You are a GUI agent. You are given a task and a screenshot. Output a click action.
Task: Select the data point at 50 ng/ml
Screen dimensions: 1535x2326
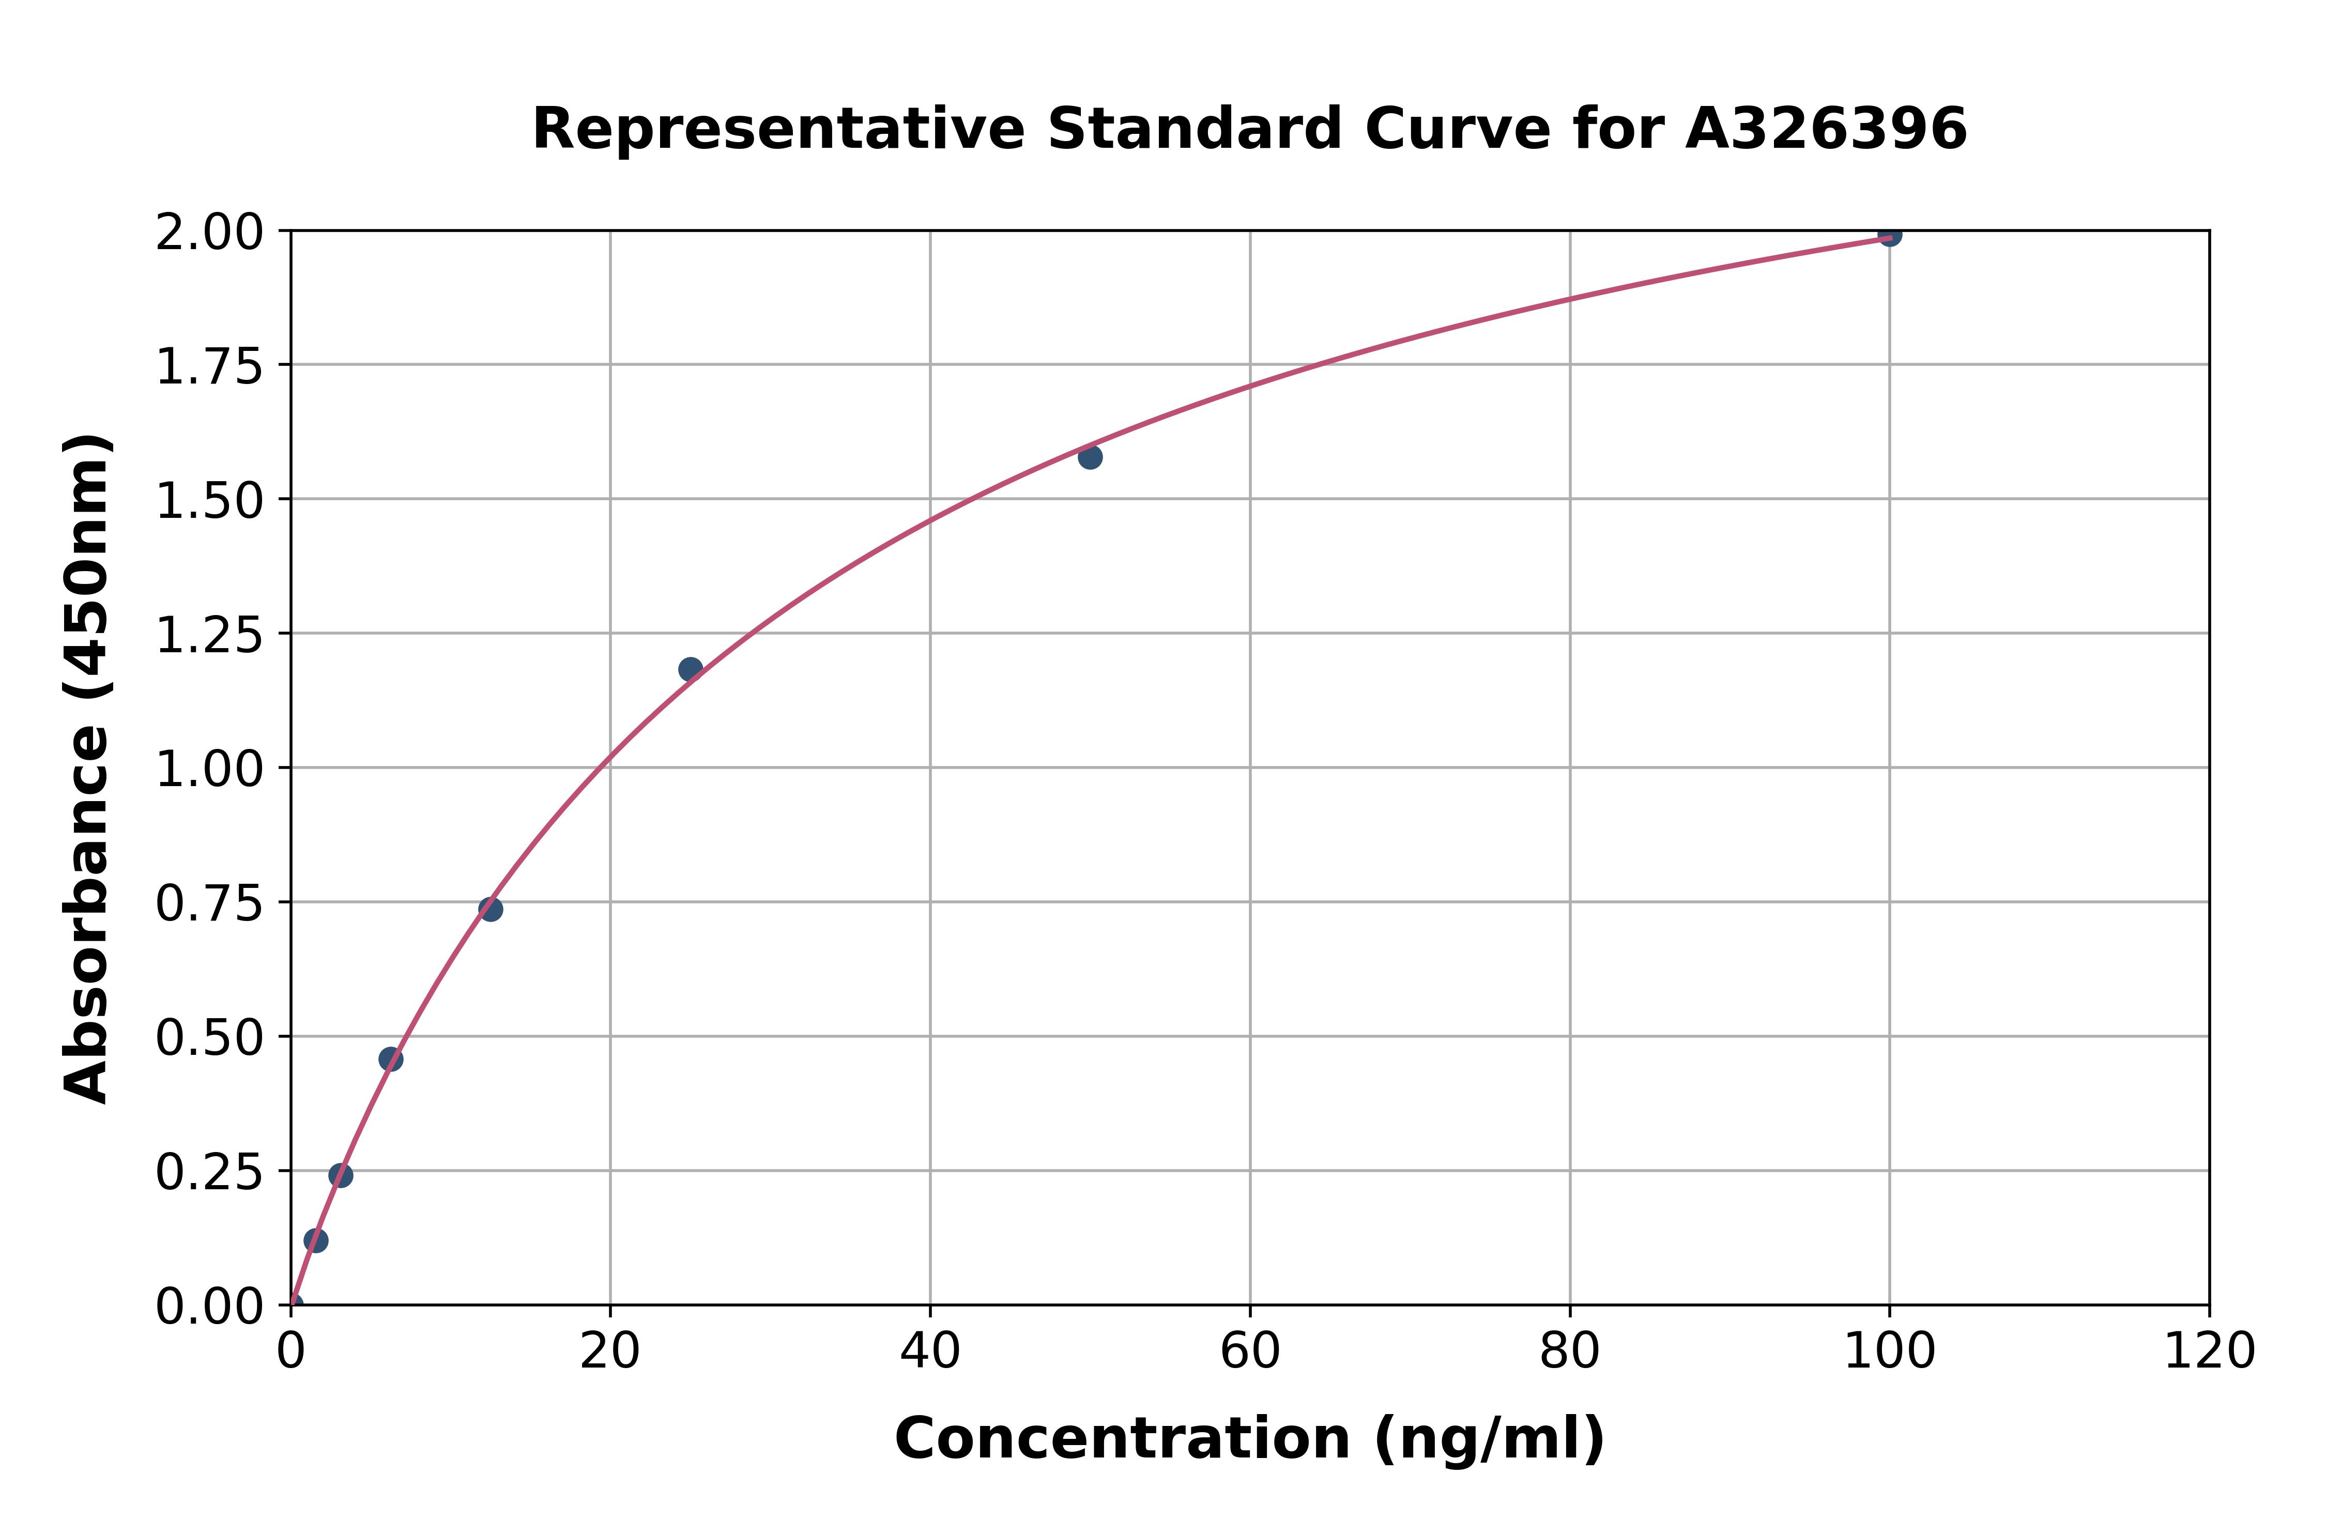point(1090,457)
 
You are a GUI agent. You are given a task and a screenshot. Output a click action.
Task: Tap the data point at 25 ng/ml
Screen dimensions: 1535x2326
point(690,670)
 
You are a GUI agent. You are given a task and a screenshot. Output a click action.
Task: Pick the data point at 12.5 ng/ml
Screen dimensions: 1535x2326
point(491,910)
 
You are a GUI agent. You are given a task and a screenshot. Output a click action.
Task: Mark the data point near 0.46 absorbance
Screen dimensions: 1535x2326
point(391,1059)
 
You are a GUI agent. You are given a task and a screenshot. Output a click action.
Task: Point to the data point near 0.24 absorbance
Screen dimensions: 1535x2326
point(341,1176)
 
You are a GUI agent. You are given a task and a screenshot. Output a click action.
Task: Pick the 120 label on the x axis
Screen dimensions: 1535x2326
point(2209,1352)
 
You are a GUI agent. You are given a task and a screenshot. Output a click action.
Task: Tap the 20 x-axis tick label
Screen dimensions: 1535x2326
point(610,1352)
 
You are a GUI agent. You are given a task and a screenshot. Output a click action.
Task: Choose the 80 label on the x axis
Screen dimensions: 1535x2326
point(1569,1352)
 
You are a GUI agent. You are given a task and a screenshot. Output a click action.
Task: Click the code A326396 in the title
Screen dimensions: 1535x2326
point(1826,129)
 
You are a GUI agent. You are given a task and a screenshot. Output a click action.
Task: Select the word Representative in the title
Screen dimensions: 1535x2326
point(778,129)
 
